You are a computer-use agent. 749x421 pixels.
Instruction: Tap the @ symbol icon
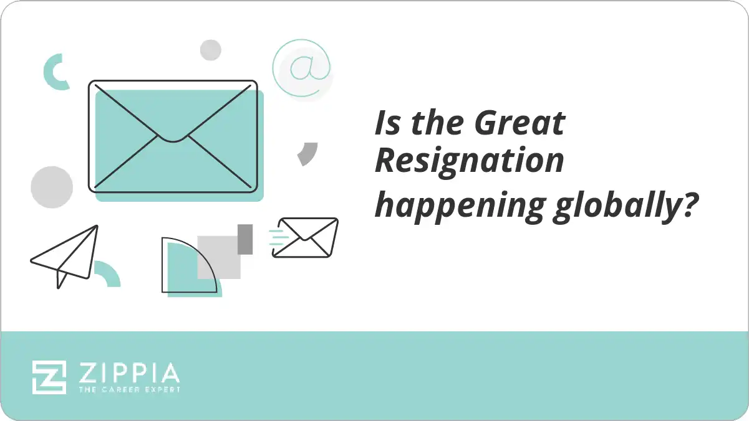[x=302, y=68]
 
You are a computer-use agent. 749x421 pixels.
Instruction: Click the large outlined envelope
[x=173, y=135]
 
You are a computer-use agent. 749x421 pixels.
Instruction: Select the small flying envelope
[x=306, y=237]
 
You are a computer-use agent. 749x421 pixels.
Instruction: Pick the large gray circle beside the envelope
[x=52, y=187]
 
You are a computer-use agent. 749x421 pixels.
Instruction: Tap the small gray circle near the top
[x=211, y=50]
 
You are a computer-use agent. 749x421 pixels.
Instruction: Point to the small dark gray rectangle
[x=245, y=239]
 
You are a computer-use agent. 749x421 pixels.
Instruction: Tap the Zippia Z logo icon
[x=49, y=377]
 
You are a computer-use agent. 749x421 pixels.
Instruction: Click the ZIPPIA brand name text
[x=128, y=373]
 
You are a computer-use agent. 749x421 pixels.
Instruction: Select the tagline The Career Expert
[x=128, y=389]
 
